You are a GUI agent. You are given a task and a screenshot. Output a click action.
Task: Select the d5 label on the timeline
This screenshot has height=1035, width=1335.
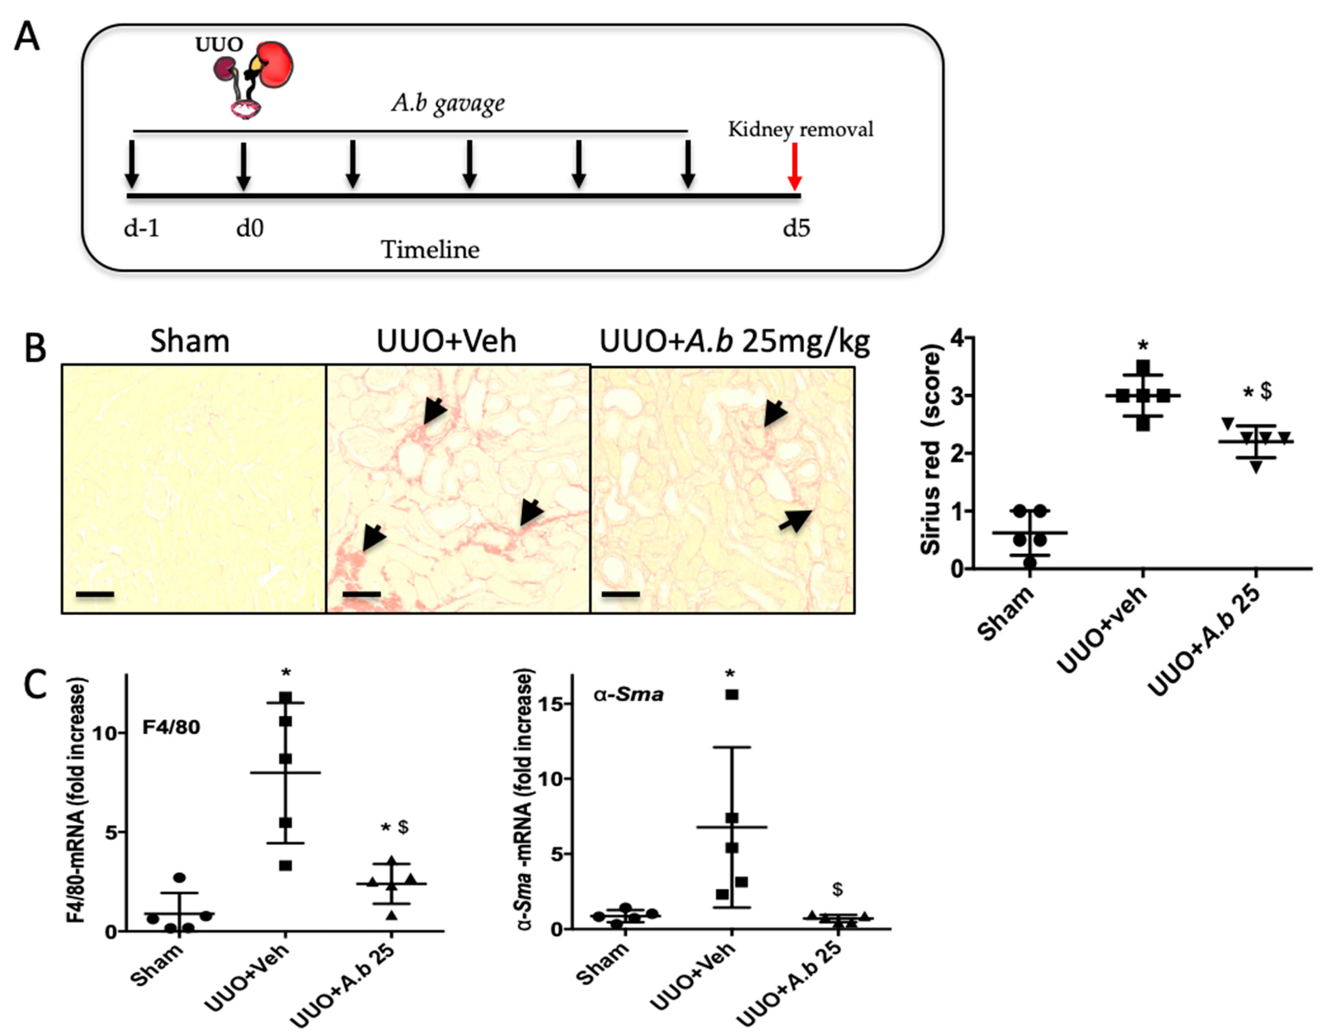pyautogui.click(x=797, y=229)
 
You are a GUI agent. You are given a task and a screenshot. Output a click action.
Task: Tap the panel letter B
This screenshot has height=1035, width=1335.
pyautogui.click(x=35, y=350)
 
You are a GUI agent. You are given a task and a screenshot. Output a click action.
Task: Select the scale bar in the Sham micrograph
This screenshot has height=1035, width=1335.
pyautogui.click(x=95, y=594)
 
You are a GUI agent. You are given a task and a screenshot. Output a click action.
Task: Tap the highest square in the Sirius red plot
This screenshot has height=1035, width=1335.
pyautogui.click(x=1143, y=367)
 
